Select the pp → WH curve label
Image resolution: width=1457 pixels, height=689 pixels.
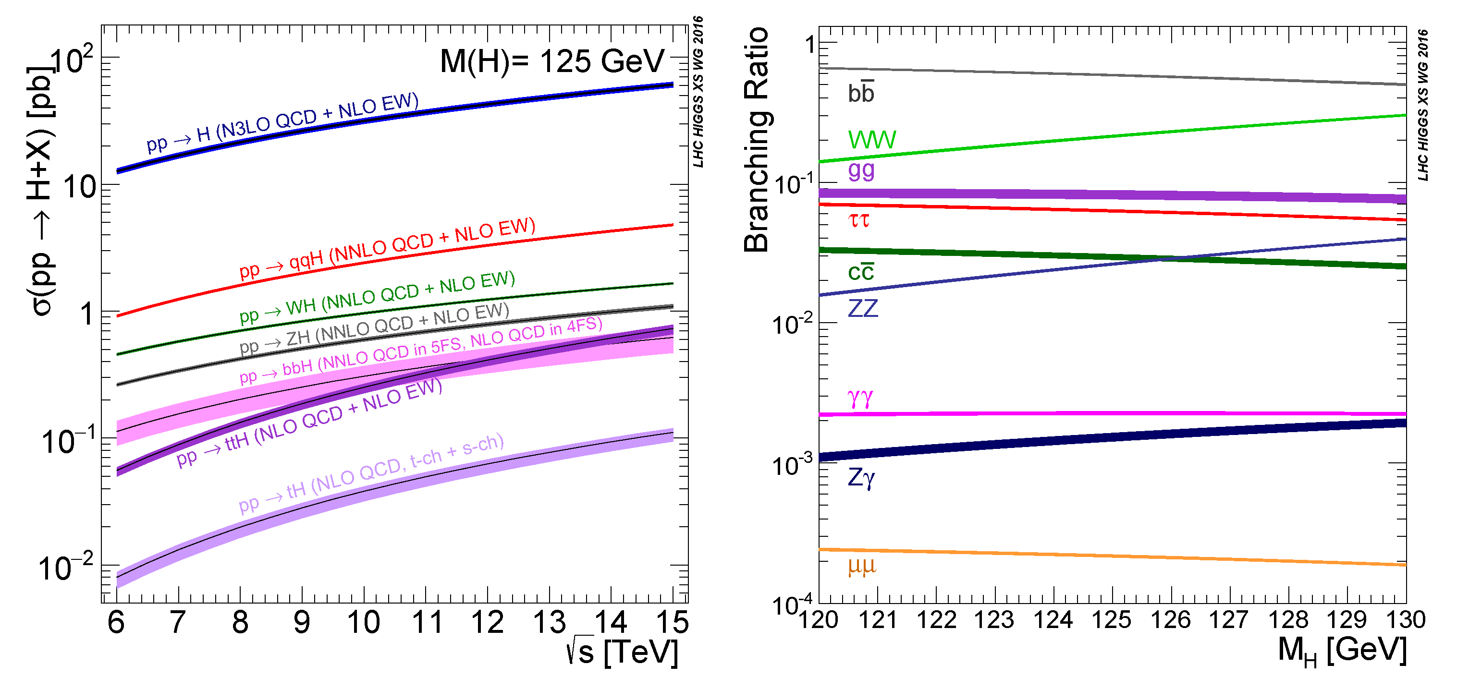377,296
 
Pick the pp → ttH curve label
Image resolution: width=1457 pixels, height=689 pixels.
309,422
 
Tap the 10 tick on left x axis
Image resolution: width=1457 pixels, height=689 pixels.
363,622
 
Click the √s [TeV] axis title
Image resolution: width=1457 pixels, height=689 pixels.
622,652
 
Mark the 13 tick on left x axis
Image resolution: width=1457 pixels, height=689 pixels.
549,622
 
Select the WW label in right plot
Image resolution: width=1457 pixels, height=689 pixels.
871,140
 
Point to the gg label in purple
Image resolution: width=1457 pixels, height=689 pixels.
861,169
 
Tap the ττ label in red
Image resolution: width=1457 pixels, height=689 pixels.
858,219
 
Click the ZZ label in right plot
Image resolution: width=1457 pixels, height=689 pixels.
863,308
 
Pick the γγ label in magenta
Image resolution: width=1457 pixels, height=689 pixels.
860,398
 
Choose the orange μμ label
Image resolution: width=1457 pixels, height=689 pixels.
861,565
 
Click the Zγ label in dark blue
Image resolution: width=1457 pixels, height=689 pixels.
861,478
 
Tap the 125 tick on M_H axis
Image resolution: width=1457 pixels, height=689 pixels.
1112,620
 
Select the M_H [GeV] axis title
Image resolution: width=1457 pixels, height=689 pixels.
1342,650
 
